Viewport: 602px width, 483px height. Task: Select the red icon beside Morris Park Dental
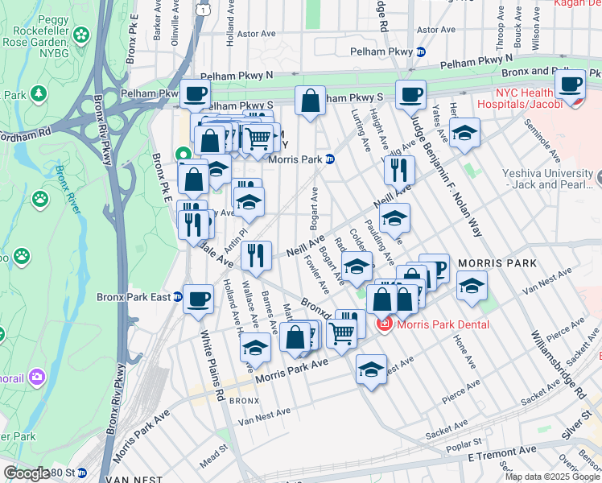tap(385, 324)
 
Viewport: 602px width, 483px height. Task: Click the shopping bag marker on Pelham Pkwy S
tap(310, 101)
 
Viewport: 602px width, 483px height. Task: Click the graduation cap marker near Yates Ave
tap(464, 134)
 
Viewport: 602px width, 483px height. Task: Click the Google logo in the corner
tap(26, 473)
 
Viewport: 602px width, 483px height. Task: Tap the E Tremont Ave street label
tap(501, 452)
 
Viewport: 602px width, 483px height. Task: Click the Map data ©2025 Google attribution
tap(552, 477)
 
